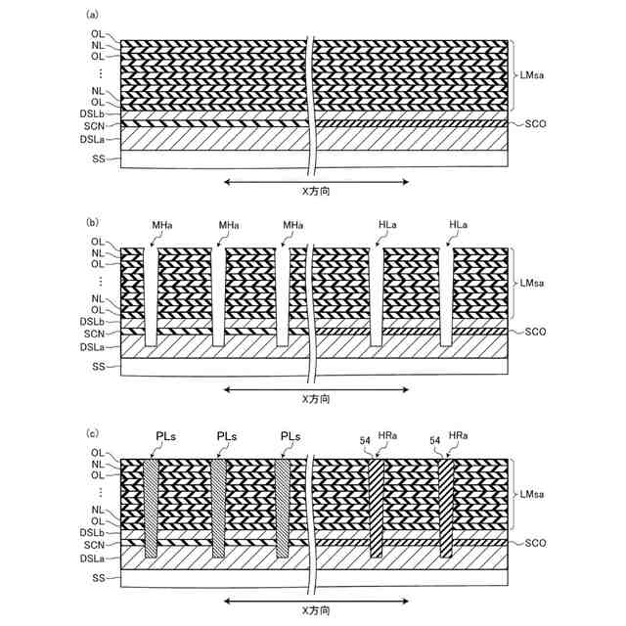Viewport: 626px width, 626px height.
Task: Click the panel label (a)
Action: (x=93, y=15)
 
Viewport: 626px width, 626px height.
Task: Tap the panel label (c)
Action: (x=93, y=431)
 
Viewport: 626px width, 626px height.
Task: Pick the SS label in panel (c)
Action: (x=98, y=578)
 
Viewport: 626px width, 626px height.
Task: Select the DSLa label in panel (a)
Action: (x=94, y=139)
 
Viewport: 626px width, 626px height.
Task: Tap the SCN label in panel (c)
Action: (x=95, y=544)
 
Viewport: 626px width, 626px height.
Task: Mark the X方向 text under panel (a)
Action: (x=315, y=193)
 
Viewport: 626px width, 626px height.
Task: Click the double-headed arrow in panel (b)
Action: (x=315, y=389)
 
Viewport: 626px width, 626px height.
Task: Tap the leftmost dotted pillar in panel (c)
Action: (x=151, y=509)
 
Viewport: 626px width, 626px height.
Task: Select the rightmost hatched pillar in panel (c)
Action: (x=446, y=509)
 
